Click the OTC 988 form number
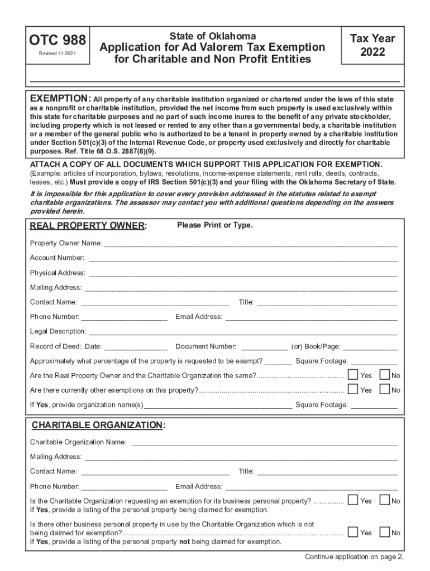click(x=58, y=40)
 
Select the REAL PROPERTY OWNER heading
click(x=88, y=226)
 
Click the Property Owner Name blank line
click(x=250, y=244)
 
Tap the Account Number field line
click(x=243, y=258)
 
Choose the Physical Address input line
click(x=243, y=273)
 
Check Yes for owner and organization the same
click(x=353, y=375)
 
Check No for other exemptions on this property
click(x=385, y=389)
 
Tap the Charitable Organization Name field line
click(x=264, y=443)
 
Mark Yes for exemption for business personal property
click(x=353, y=500)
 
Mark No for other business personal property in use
click(x=385, y=532)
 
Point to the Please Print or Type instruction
click(x=214, y=225)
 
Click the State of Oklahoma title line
click(x=212, y=36)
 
